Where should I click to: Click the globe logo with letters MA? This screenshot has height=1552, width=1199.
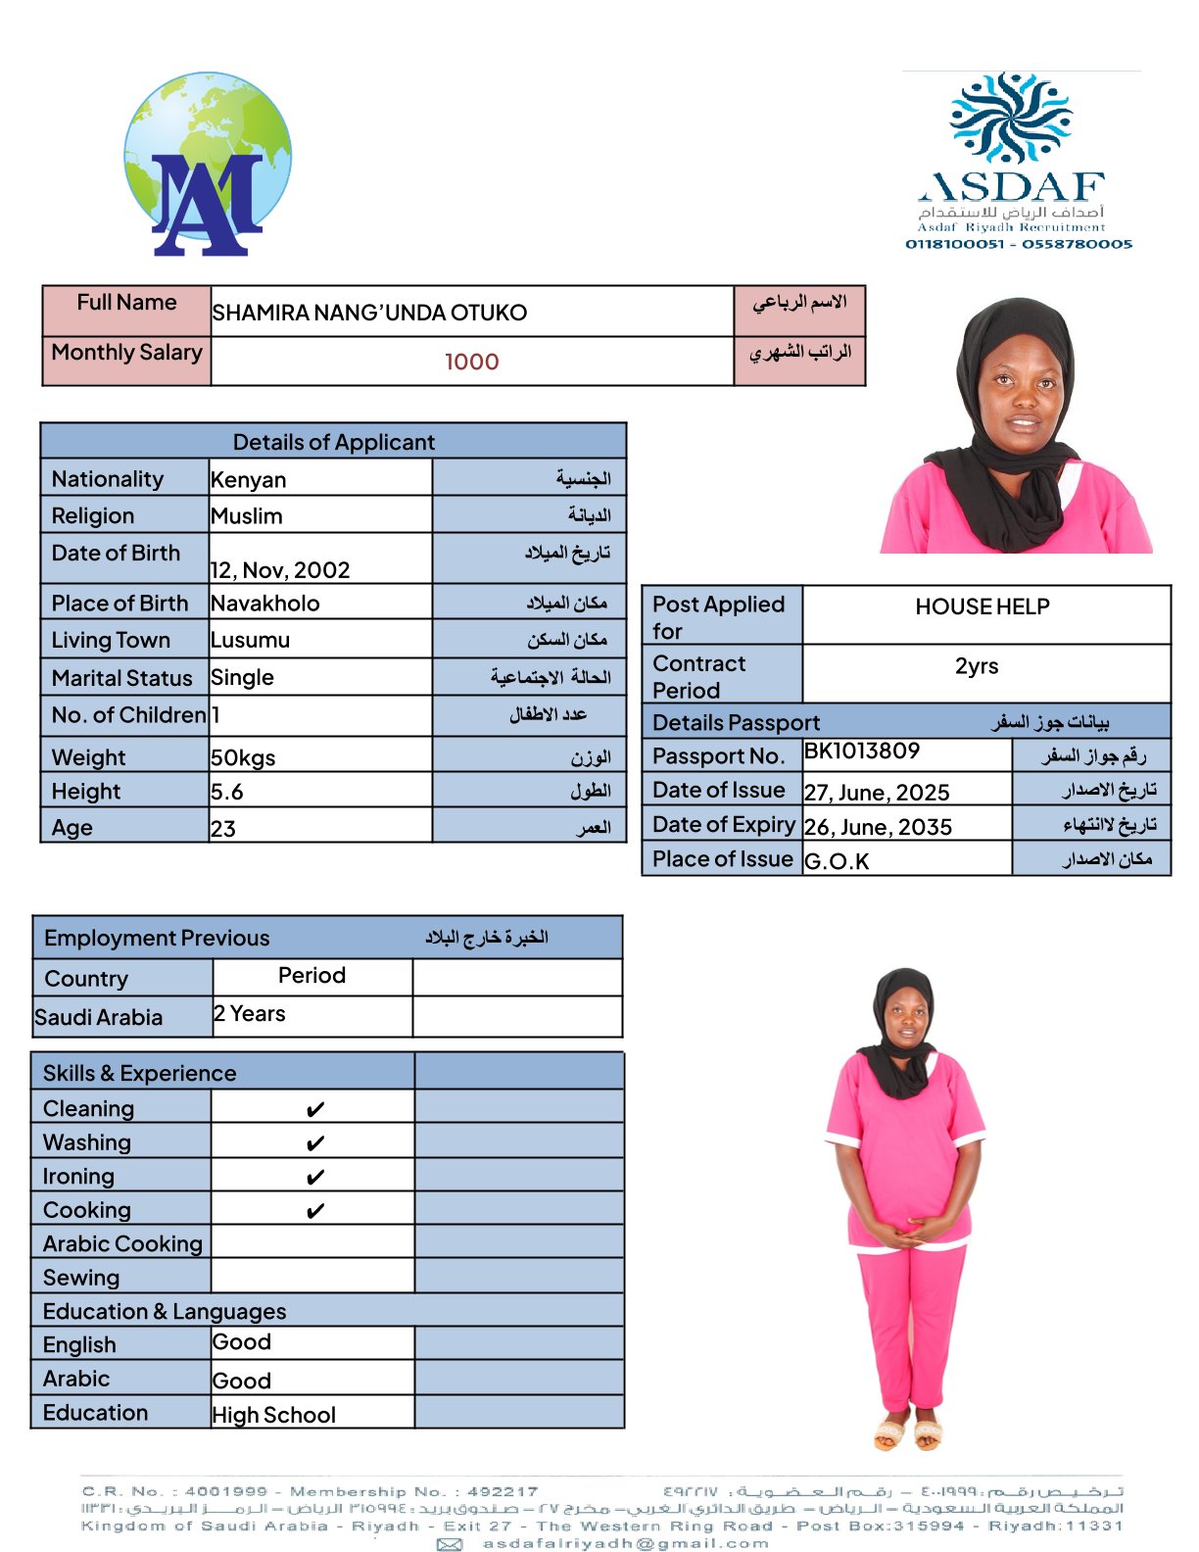(207, 164)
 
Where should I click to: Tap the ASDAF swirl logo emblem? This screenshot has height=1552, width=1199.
(1011, 117)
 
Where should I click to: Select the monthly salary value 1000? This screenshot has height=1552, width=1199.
(472, 363)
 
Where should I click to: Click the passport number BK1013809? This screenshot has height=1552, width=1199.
(862, 752)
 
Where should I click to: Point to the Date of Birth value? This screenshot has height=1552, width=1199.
(280, 570)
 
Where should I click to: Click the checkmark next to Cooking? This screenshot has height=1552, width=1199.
(314, 1212)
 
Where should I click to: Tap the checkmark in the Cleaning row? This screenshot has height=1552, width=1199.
(314, 1110)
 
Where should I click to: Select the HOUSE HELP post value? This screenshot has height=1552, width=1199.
(983, 607)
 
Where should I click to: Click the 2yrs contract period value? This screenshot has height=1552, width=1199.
(977, 666)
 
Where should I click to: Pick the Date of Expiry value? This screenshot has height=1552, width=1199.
(878, 828)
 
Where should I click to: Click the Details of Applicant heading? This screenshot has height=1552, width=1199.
(333, 442)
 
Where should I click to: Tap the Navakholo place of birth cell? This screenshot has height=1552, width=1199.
(265, 604)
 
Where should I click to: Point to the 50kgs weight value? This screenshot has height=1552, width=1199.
(243, 758)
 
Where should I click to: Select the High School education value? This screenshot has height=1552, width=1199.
(274, 1415)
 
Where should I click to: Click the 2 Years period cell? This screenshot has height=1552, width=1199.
(250, 1014)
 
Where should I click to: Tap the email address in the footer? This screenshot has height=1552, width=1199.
(625, 1543)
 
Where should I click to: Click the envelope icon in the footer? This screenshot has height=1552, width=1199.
(450, 1544)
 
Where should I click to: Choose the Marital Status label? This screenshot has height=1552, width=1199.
(122, 678)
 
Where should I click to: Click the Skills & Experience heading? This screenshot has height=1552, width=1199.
(140, 1073)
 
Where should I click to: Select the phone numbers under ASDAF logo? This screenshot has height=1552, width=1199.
(1019, 244)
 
